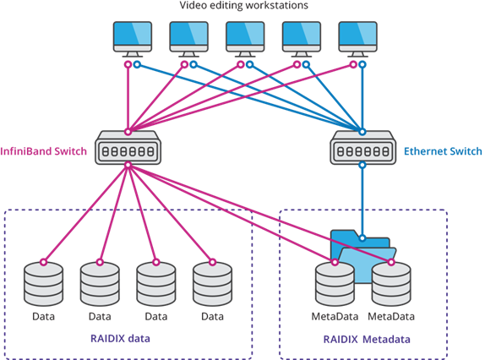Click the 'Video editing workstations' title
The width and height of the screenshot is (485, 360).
tap(243, 5)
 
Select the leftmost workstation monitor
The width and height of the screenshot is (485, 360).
tap(133, 39)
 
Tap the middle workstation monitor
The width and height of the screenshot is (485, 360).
tap(245, 39)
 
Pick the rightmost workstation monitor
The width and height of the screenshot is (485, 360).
tap(357, 39)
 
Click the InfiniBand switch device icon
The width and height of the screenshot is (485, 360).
tap(128, 148)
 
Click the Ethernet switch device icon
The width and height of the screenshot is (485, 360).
tap(362, 148)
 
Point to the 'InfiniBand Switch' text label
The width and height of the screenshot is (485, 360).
tap(44, 151)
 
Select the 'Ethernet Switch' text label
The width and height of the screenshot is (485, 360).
tap(443, 151)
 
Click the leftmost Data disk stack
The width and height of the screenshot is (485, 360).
tap(44, 284)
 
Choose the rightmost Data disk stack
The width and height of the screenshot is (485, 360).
tap(212, 284)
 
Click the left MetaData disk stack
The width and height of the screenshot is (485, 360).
tap(335, 284)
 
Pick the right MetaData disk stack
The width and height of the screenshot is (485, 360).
tap(391, 284)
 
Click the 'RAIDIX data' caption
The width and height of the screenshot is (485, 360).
tap(120, 339)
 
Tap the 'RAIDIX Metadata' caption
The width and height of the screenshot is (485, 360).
tap(367, 339)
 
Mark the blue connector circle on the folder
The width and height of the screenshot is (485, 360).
tap(362, 237)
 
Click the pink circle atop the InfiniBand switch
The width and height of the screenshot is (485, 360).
tap(128, 132)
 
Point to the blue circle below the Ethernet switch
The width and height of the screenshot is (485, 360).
tap(362, 165)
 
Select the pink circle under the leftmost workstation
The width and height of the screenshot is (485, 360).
tap(128, 64)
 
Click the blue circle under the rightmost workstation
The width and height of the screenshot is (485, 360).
tap(362, 64)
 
